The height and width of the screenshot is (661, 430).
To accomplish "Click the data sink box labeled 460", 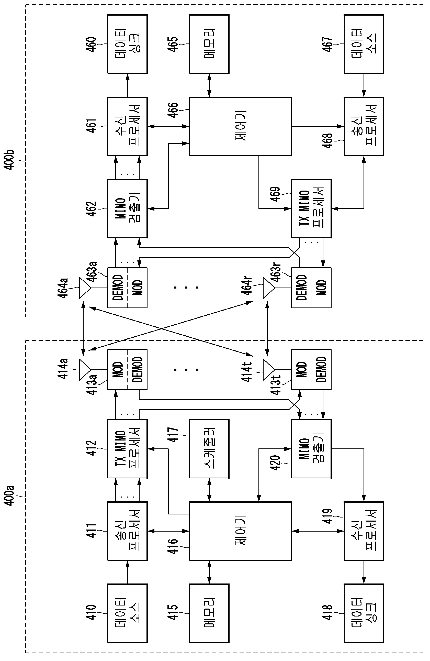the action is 127,44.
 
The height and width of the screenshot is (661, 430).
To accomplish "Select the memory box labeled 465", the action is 209,44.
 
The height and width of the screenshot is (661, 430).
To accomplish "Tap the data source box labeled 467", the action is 364,44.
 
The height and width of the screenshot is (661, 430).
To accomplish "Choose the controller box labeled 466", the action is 240,126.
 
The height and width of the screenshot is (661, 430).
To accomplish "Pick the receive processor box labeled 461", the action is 127,126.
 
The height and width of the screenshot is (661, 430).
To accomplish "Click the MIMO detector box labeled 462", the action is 127,208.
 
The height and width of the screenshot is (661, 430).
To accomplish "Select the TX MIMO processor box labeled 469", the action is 311,208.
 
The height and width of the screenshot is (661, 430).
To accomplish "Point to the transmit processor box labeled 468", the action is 364,126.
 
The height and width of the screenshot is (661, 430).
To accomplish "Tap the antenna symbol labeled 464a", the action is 85,288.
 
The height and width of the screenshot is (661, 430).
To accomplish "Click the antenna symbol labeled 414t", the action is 269,370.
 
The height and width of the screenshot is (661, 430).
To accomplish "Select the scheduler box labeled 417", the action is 209,449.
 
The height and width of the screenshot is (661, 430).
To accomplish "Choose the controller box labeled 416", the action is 240,531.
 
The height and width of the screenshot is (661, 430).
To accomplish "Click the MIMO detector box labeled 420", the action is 311,449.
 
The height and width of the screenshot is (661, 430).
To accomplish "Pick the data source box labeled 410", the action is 127,613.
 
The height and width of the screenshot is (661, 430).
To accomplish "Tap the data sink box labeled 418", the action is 364,613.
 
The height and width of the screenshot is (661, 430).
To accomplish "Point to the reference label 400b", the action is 9,160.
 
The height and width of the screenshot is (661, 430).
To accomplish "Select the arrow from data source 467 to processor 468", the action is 364,85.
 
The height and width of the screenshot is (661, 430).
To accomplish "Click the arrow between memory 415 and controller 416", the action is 209,572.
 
